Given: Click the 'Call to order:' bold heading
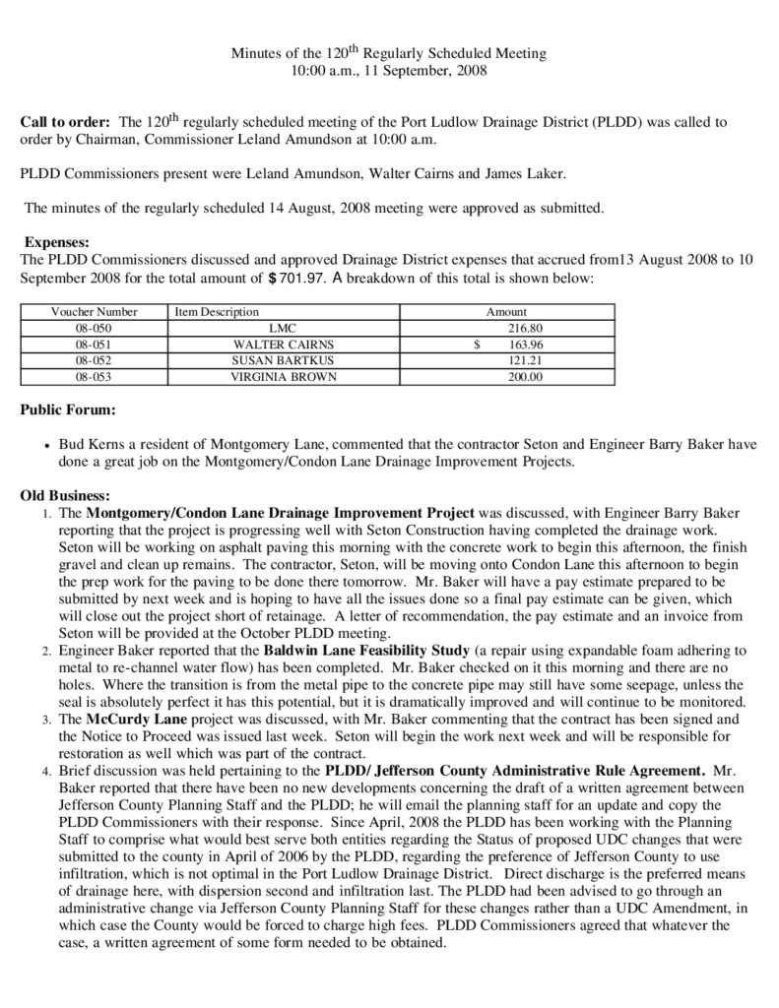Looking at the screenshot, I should [65, 123].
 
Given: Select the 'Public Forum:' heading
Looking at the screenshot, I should [67, 408].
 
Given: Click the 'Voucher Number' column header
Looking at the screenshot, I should [95, 311].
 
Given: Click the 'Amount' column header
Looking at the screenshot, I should [506, 311].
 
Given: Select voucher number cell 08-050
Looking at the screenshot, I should [95, 328].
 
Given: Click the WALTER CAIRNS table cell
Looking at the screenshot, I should [284, 345].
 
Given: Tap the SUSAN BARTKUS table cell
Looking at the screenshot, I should [284, 361].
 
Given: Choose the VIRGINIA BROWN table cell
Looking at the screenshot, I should [284, 377].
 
